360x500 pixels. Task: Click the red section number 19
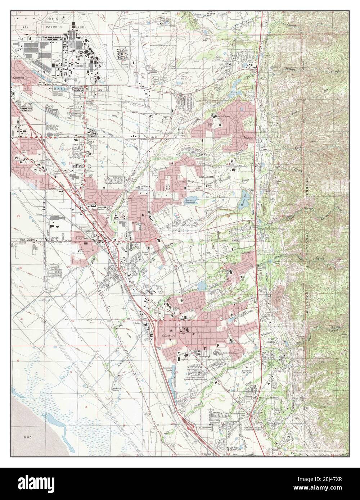pos(19,215)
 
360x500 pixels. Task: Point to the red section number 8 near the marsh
pos(86,406)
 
